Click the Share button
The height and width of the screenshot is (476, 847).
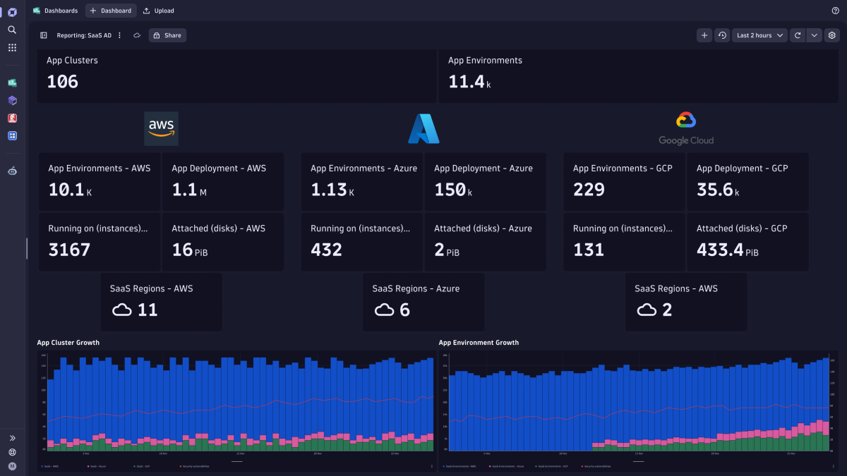tap(167, 35)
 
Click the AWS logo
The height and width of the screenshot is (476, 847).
tap(161, 128)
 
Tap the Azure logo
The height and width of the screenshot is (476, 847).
tap(423, 129)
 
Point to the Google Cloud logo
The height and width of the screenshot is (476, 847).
tap(686, 128)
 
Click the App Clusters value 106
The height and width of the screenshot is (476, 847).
tap(63, 82)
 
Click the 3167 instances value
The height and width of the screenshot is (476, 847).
tap(69, 250)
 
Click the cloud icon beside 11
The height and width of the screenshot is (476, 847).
tap(122, 310)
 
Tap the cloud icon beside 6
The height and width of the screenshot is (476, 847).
tap(384, 310)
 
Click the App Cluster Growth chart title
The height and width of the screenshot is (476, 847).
tap(68, 343)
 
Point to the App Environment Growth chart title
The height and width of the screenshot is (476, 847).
tap(479, 343)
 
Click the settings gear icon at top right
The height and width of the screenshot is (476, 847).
tap(832, 35)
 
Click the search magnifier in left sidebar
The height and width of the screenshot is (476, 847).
tap(12, 30)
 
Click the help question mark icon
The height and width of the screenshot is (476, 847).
tap(836, 11)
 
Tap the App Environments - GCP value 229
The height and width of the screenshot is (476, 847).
tap(589, 190)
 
